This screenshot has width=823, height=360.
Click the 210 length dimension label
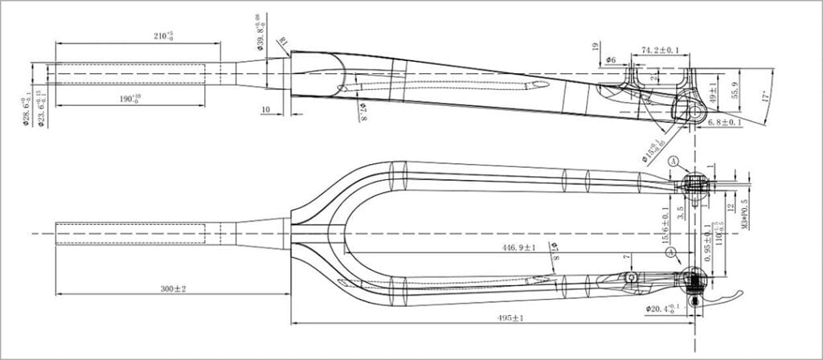click(x=164, y=36)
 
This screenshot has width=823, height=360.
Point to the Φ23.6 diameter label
click(x=40, y=112)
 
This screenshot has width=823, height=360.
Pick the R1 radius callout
click(x=283, y=42)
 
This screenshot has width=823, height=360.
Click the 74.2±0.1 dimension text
click(x=661, y=51)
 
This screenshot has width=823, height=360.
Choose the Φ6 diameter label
click(x=611, y=60)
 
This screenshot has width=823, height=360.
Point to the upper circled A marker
click(x=674, y=162)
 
